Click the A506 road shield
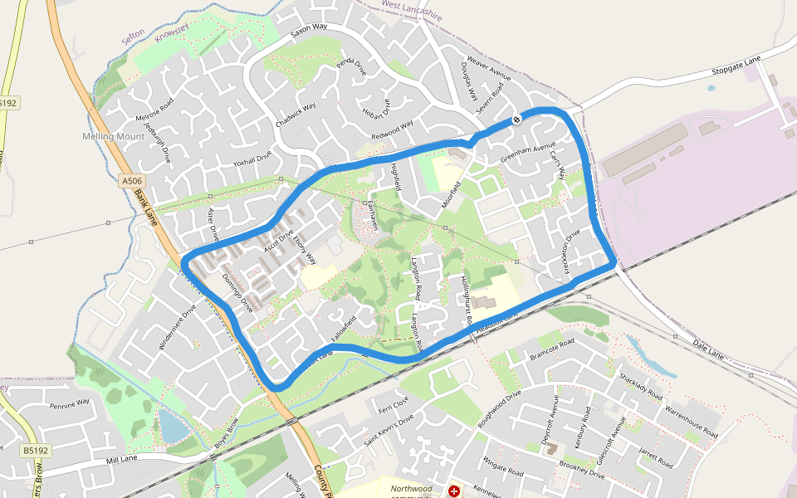click(x=131, y=180)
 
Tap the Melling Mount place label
click(x=113, y=136)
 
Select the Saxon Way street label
click(x=309, y=32)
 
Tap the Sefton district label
click(x=133, y=37)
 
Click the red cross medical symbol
click(x=454, y=491)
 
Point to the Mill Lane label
click(x=121, y=459)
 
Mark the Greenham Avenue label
click(x=527, y=153)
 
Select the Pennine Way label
click(x=69, y=405)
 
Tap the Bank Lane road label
click(x=146, y=207)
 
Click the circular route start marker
click(x=516, y=120)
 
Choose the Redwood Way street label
click(x=392, y=129)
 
